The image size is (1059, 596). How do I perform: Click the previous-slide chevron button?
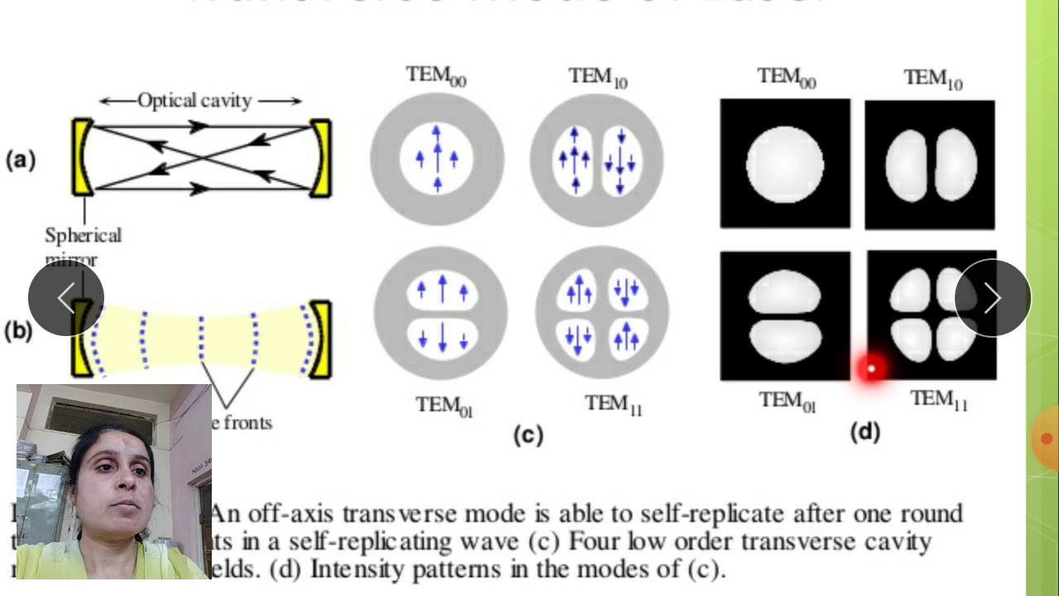coord(66,298)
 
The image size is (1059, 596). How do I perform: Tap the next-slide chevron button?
coord(993,298)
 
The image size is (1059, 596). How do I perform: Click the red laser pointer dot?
coord(871,368)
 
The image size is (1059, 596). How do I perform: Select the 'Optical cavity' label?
coord(194,101)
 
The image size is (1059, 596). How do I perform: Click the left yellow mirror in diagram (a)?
coord(81,157)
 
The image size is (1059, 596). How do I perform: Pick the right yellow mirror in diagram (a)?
coord(321,157)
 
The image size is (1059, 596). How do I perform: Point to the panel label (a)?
coord(21,160)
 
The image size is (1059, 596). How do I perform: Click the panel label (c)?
coord(527,435)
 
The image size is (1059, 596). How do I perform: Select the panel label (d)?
coord(865,431)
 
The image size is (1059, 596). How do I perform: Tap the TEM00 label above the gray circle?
coord(436,75)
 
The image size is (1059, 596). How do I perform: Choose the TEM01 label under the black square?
coord(788,401)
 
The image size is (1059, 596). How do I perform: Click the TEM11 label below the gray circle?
coord(613,404)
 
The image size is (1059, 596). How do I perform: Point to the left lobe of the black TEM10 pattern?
coord(905,165)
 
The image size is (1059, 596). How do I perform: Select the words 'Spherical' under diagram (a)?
coord(83,236)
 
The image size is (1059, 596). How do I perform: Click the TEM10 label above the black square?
coord(932,79)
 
